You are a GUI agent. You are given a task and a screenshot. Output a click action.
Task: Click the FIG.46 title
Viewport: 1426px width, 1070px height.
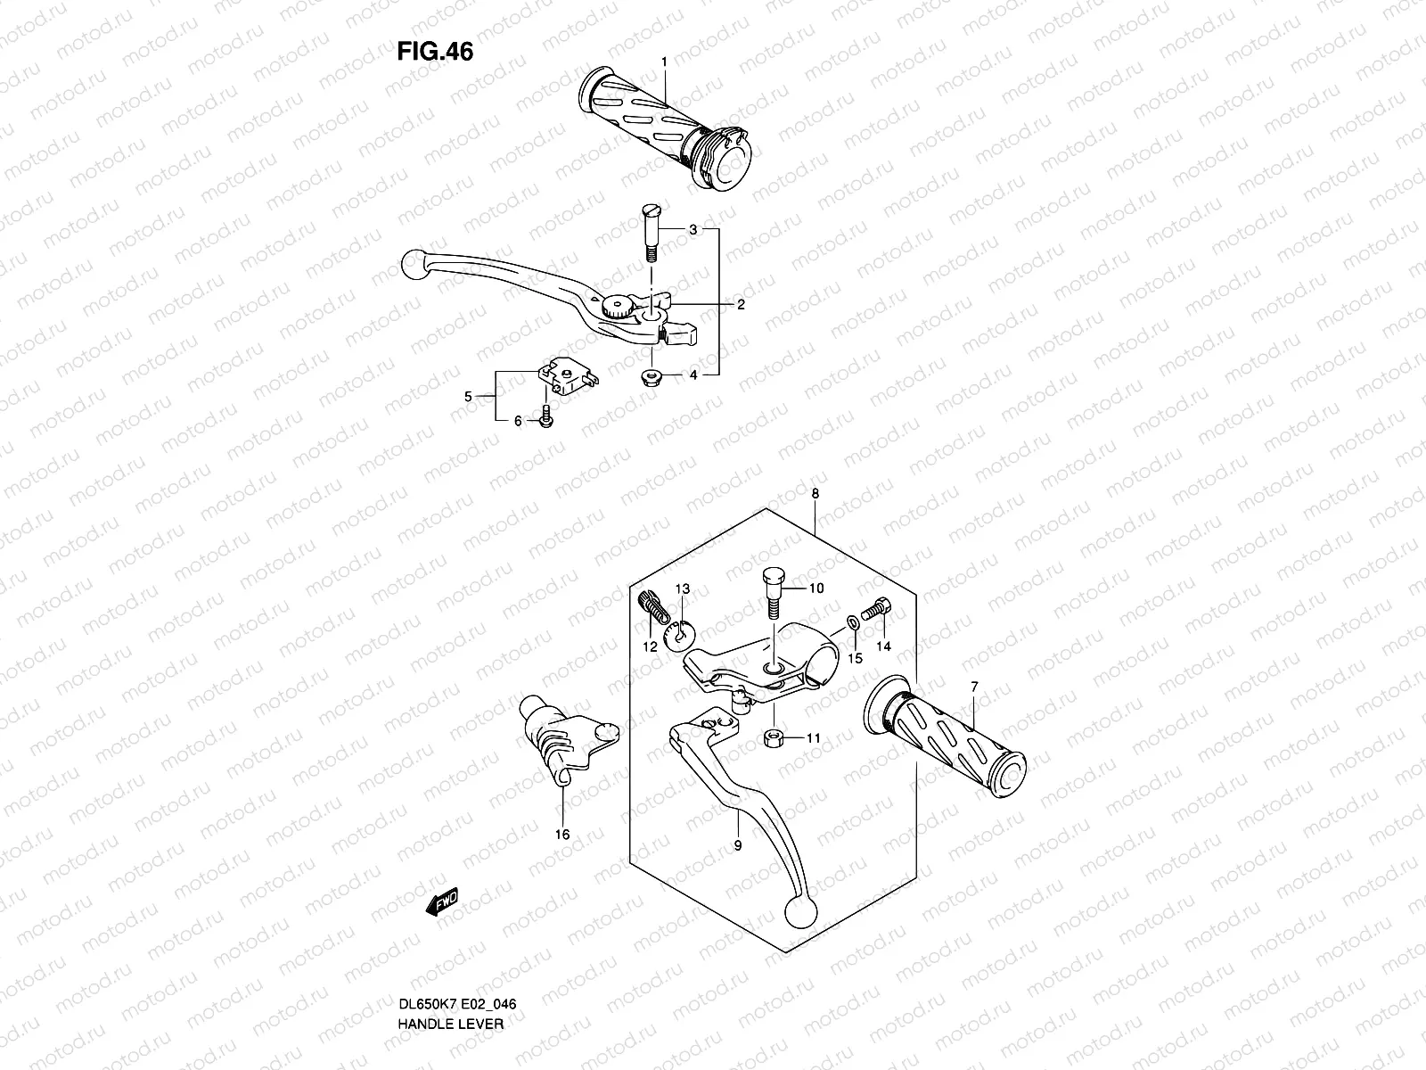pos(435,52)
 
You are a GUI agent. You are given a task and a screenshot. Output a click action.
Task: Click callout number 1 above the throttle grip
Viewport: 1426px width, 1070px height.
pos(664,62)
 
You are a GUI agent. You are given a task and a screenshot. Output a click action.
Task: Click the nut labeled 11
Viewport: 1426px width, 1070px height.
pos(773,737)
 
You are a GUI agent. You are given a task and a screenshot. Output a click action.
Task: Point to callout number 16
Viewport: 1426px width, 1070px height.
pos(562,835)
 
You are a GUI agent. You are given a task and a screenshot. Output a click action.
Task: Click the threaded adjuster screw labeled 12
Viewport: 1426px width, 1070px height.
pos(653,610)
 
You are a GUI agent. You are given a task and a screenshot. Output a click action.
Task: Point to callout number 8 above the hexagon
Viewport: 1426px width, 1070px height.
pos(815,493)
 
